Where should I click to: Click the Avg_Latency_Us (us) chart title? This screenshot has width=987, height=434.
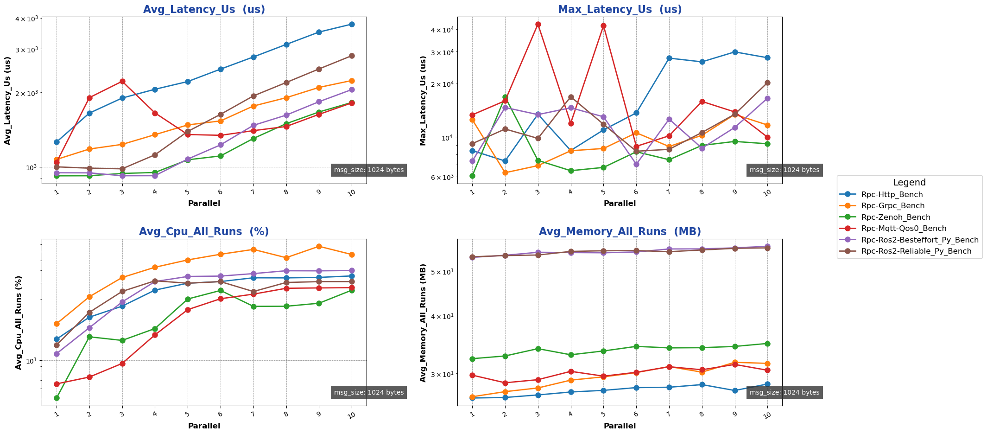pyautogui.click(x=204, y=9)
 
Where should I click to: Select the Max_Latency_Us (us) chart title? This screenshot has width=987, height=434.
pyautogui.click(x=620, y=9)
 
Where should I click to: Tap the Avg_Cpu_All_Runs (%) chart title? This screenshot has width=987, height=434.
pyautogui.click(x=204, y=232)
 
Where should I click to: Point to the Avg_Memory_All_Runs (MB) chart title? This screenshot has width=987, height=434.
pyautogui.click(x=620, y=232)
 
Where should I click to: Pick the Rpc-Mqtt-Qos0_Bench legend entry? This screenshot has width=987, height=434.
pyautogui.click(x=897, y=229)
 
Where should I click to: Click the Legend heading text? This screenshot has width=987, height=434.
pyautogui.click(x=909, y=183)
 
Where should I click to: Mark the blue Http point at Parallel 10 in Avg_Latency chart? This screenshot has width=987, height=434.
pyautogui.click(x=352, y=24)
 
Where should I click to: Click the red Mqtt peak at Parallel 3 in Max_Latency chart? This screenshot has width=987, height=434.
pyautogui.click(x=538, y=24)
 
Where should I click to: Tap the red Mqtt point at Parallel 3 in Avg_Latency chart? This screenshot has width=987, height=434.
pyautogui.click(x=122, y=81)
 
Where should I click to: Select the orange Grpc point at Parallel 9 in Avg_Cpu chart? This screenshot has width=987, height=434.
pyautogui.click(x=319, y=246)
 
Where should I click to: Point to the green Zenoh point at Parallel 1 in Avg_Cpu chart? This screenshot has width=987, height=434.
pyautogui.click(x=57, y=398)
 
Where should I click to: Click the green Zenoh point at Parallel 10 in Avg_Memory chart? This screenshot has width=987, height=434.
pyautogui.click(x=767, y=344)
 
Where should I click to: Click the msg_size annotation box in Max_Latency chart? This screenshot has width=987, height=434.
pyautogui.click(x=784, y=170)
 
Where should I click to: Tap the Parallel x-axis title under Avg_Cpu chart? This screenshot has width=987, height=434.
pyautogui.click(x=204, y=426)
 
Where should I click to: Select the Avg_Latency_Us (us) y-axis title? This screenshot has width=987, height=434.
pyautogui.click(x=8, y=101)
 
